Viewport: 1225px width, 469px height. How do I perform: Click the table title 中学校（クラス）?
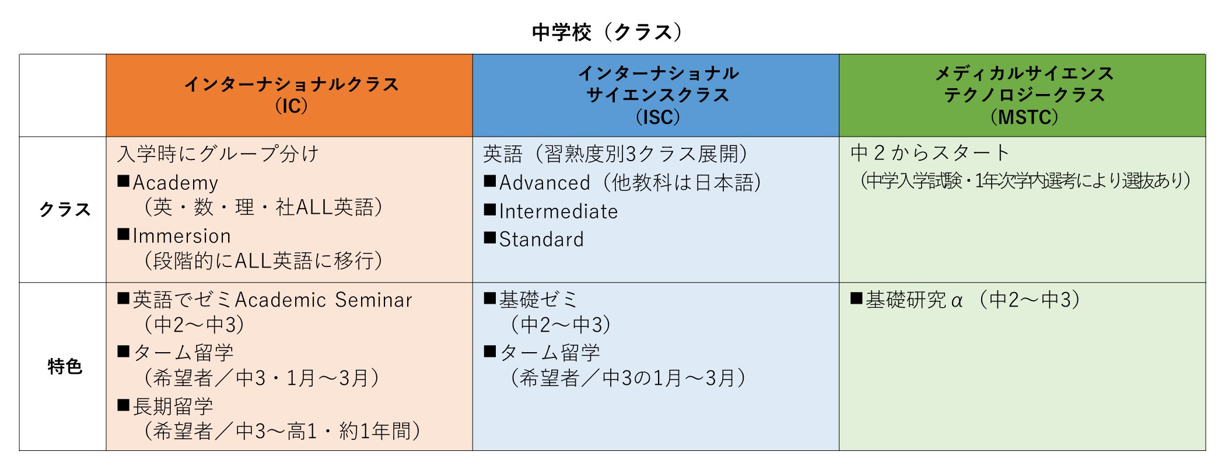click(607, 32)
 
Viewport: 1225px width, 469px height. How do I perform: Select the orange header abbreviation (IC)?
click(290, 106)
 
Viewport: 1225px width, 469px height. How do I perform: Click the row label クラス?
click(64, 209)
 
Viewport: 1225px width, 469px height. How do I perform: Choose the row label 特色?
click(64, 367)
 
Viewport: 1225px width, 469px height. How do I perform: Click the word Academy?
click(175, 183)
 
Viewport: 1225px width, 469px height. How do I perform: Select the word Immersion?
click(181, 236)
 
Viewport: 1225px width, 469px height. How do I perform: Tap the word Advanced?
click(545, 183)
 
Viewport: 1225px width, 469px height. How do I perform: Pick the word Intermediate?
click(558, 211)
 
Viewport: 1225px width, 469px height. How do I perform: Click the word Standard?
click(541, 239)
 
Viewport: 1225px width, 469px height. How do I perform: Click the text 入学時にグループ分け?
click(218, 154)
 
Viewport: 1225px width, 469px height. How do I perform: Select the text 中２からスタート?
click(930, 152)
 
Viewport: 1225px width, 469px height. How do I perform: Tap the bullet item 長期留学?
click(173, 407)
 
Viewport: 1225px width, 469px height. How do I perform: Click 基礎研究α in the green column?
click(914, 300)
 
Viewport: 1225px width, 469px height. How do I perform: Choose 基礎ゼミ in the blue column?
click(538, 300)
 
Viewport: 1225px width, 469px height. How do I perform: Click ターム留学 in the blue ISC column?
click(550, 353)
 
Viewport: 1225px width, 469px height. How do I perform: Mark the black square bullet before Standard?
click(490, 238)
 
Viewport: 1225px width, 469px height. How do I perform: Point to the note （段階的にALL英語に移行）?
click(263, 260)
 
